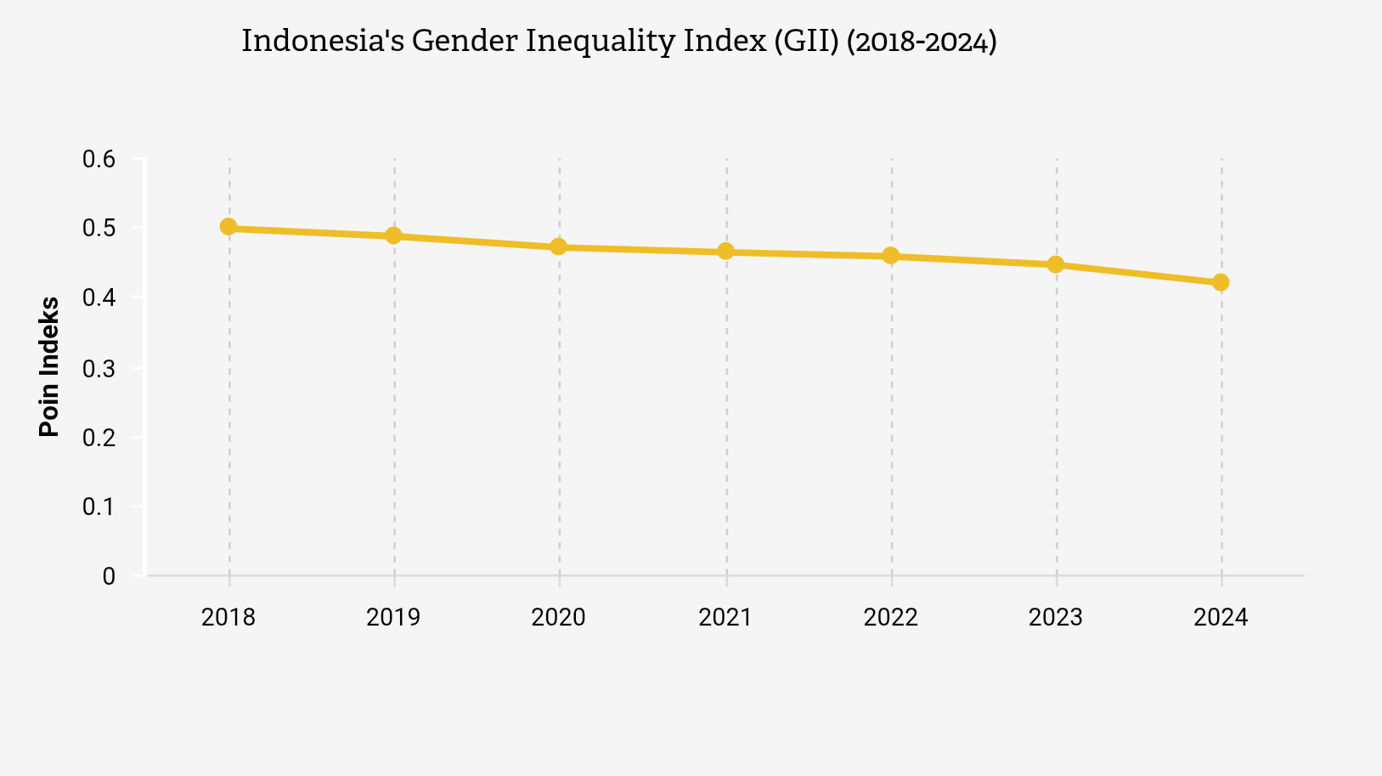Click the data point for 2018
[228, 227]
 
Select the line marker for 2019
[393, 235]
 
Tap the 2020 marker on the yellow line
[559, 246]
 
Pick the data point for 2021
[725, 251]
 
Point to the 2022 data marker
[891, 255]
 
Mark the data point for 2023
[1056, 264]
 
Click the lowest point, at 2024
[1221, 282]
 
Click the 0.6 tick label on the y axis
[99, 160]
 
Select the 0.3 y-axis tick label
[99, 369]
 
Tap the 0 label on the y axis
[109, 577]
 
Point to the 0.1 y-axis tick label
[99, 507]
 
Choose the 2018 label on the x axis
[228, 617]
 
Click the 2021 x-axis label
[725, 617]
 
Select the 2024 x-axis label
[1221, 617]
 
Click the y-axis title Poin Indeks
[50, 366]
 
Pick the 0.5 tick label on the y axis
[99, 229]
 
